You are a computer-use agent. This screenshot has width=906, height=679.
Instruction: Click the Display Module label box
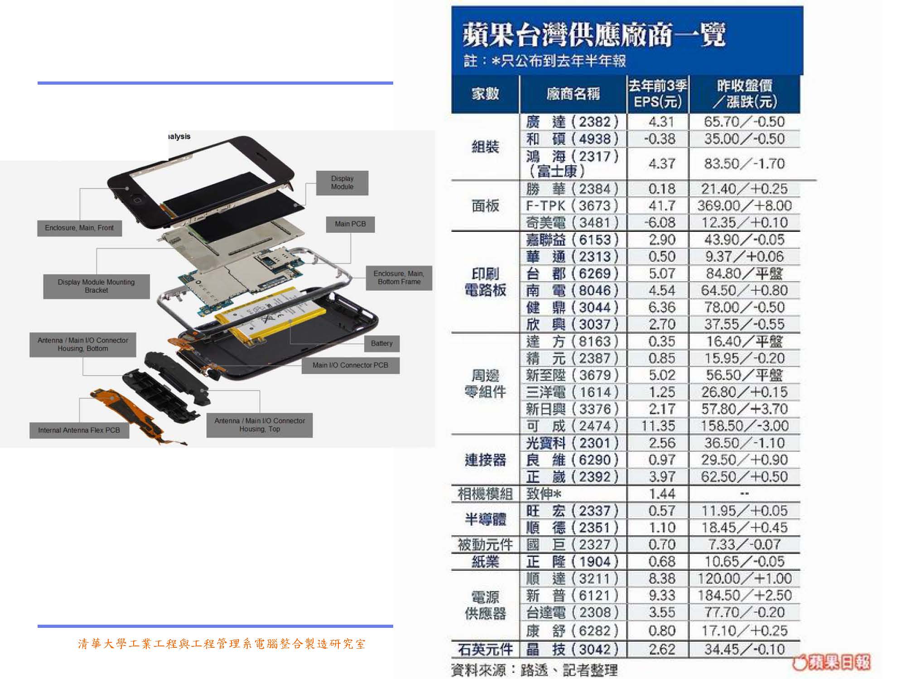coord(342,183)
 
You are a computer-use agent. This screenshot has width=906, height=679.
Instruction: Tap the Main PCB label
coord(350,224)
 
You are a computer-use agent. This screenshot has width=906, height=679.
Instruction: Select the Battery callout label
coord(382,344)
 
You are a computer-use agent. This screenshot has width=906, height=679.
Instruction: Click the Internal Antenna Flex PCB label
coord(79,430)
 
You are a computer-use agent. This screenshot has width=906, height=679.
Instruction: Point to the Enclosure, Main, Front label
coord(79,228)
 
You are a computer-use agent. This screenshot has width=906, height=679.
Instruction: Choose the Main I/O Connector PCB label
coord(350,365)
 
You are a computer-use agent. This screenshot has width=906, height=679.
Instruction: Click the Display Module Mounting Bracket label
coord(96,286)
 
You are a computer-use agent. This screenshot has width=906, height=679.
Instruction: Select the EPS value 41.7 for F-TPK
coord(662,206)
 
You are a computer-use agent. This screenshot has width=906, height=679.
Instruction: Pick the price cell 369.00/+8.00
coord(744,206)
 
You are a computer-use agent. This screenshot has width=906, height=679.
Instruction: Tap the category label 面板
coord(485,206)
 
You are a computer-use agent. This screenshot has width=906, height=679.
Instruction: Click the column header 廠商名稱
coord(573,94)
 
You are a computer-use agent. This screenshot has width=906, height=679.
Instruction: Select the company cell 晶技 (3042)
coord(573,650)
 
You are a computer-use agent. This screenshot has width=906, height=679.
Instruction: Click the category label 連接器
coord(485,460)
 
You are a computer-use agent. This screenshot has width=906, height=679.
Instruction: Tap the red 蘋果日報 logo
coord(832,662)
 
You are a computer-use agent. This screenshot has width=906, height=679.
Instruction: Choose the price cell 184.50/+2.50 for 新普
coord(744,595)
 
